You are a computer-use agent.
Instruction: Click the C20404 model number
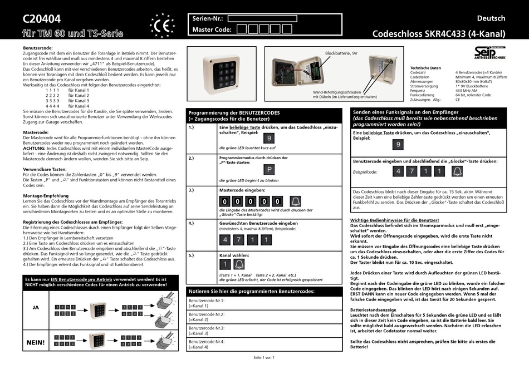42,19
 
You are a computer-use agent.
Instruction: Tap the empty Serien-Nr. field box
262,18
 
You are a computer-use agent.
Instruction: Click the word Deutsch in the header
491,18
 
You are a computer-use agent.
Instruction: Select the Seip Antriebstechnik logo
489,52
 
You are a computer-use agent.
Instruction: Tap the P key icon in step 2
269,170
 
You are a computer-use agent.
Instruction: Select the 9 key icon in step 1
269,139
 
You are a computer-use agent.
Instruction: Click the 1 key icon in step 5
224,264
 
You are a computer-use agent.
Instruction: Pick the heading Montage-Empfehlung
46,196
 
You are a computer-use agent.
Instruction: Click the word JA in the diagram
36,307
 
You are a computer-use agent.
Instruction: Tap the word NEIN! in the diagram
36,342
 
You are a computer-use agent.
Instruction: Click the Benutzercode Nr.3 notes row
264,331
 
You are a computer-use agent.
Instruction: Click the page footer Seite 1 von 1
264,357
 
